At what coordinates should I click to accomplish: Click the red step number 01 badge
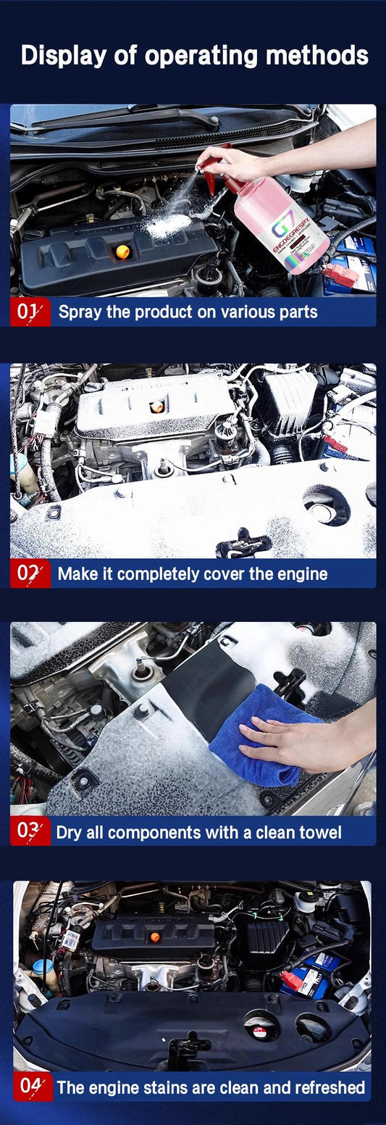pyautogui.click(x=30, y=312)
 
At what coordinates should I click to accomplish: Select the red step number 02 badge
pyautogui.click(x=30, y=573)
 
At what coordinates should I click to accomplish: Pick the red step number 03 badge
pyautogui.click(x=30, y=831)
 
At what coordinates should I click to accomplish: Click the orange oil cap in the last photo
pyautogui.click(x=154, y=937)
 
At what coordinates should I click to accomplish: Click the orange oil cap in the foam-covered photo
pyautogui.click(x=157, y=407)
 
